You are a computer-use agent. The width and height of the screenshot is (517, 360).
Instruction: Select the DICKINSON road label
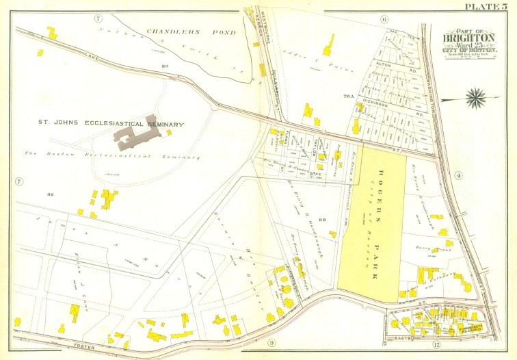(375, 105)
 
